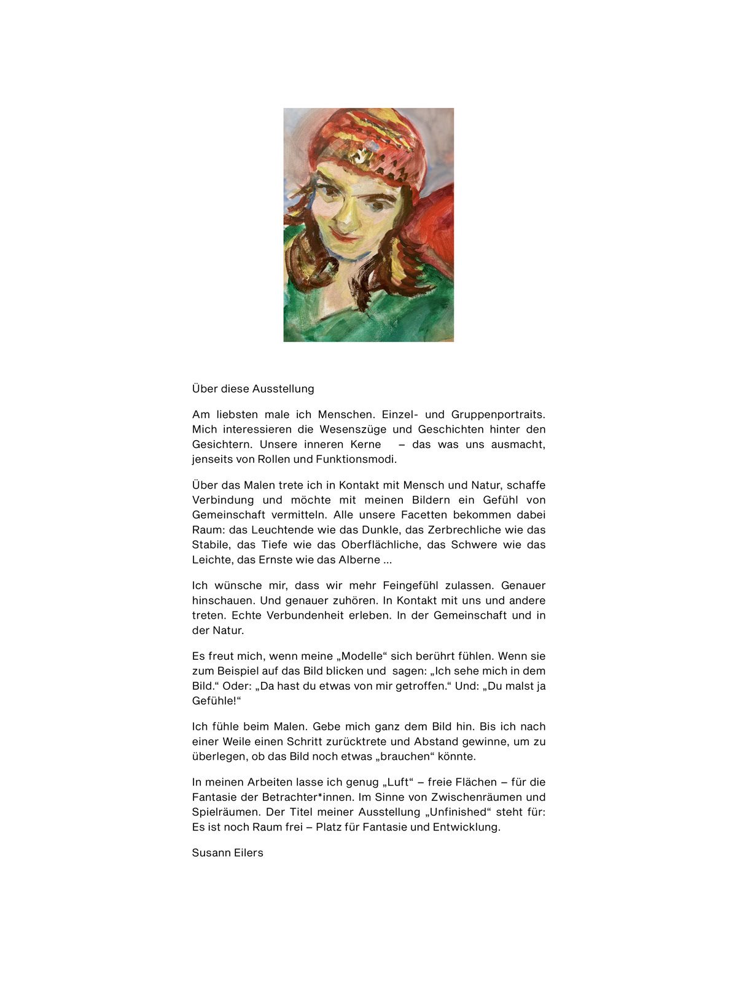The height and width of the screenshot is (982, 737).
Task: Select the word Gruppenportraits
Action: [x=498, y=414]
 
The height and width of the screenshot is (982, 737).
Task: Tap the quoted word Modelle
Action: [x=365, y=656]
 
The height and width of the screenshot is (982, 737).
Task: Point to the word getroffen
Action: [x=421, y=686]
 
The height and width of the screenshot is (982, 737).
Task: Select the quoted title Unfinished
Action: [x=453, y=812]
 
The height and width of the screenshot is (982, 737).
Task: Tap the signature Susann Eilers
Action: [x=227, y=852]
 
